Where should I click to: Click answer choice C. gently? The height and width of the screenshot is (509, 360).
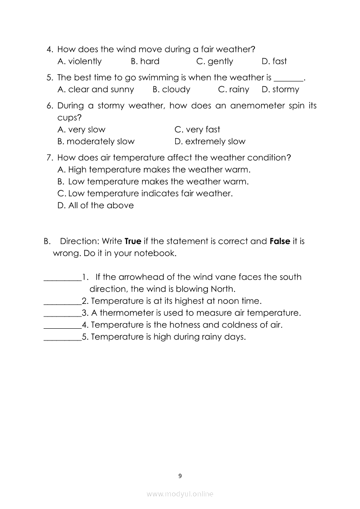[x=214, y=61]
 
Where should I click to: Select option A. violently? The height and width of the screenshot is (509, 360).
[x=79, y=61]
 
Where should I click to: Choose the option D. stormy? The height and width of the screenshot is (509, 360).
[x=280, y=90]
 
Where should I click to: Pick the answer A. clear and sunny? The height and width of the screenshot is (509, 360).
[x=95, y=90]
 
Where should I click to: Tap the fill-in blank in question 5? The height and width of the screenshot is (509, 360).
[x=290, y=79]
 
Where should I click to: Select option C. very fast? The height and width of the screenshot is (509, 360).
[x=197, y=130]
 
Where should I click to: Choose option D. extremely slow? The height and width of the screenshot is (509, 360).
[x=210, y=142]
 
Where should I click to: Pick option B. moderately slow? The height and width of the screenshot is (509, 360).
[x=96, y=142]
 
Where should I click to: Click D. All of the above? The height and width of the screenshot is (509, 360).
[x=95, y=206]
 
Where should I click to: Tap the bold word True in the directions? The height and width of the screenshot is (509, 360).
[x=133, y=241]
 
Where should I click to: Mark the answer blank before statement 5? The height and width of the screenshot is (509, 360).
[x=62, y=337]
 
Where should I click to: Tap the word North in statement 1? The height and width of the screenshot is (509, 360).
[x=222, y=289]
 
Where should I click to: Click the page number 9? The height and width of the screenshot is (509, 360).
[x=180, y=476]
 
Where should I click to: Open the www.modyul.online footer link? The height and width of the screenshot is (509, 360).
[x=180, y=494]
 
